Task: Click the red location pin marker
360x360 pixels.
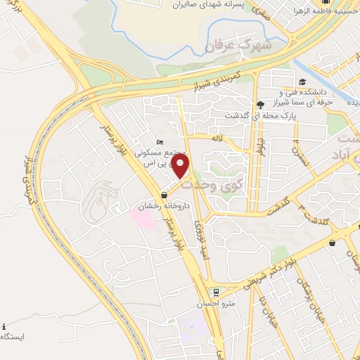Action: pyautogui.click(x=182, y=167)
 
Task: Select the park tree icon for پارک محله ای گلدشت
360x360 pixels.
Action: pyautogui.click(x=261, y=103)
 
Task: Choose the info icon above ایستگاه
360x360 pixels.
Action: pyautogui.click(x=5, y=326)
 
